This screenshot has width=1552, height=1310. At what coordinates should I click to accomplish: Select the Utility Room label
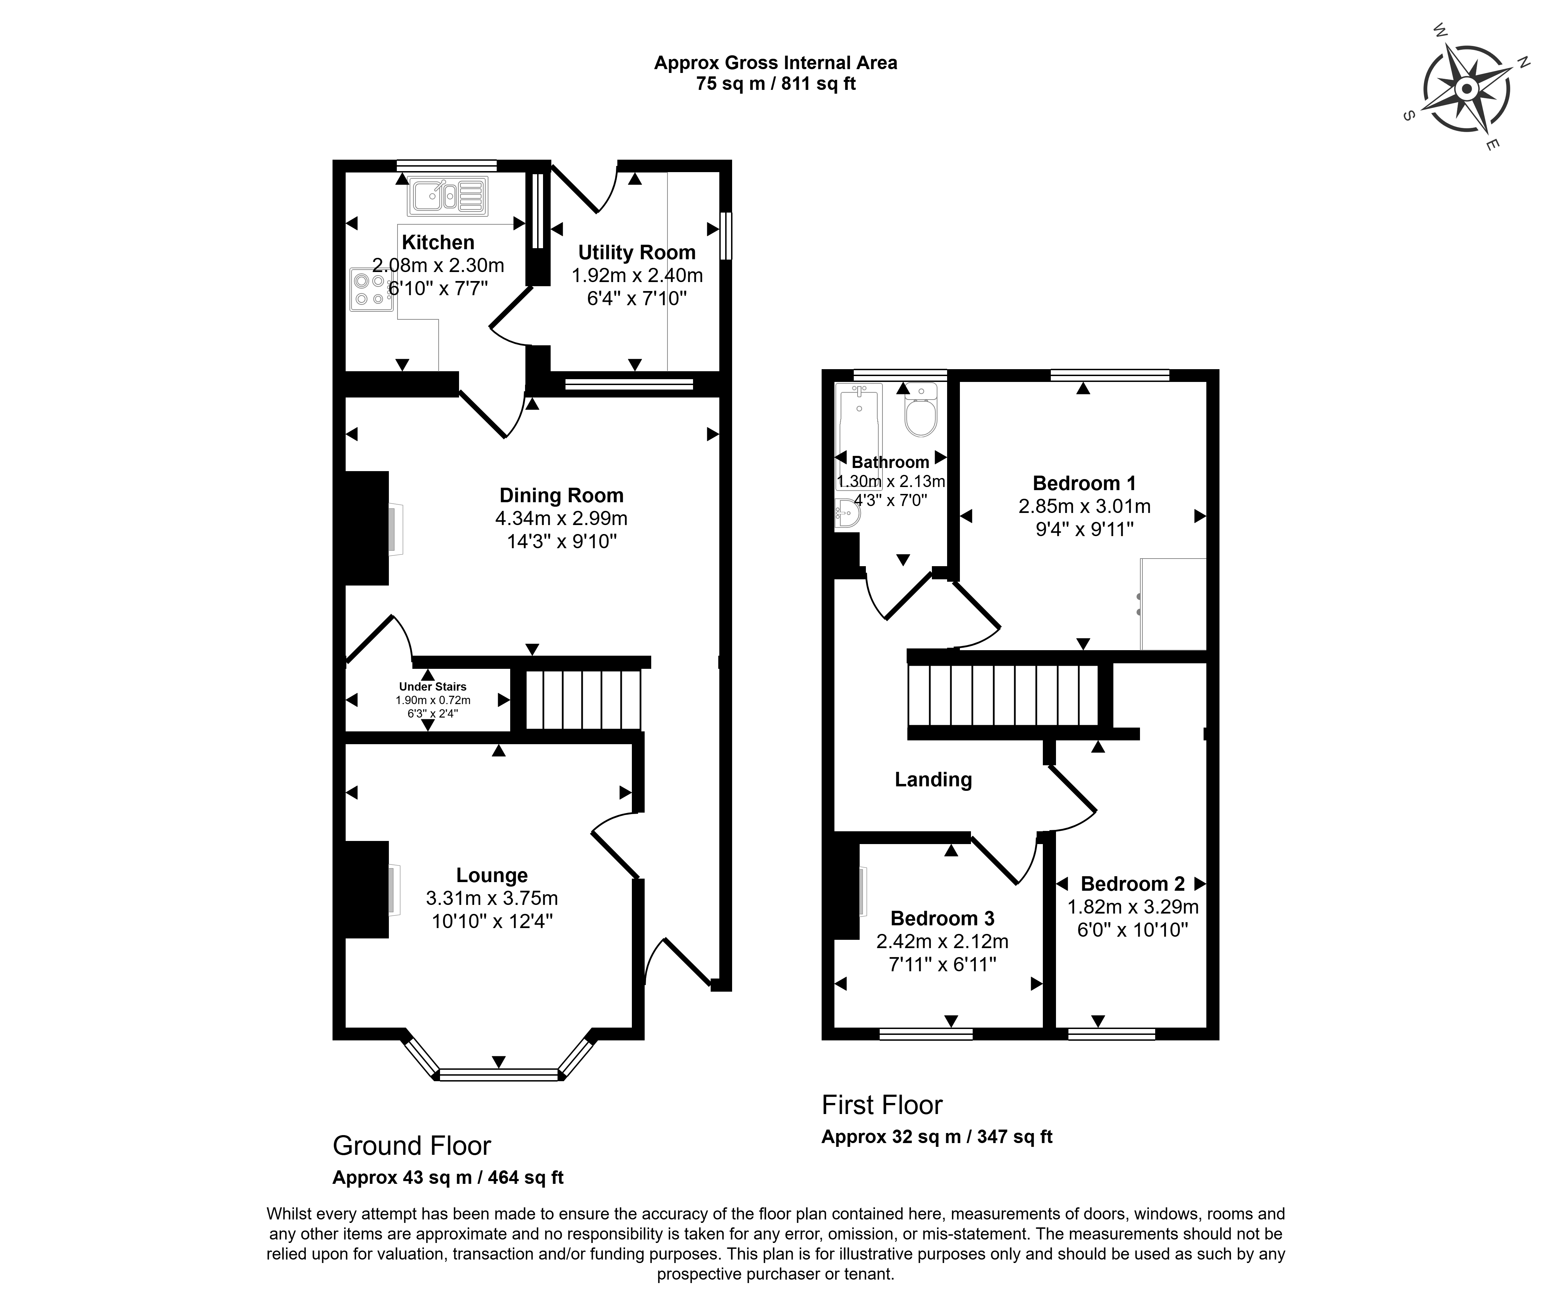(x=636, y=252)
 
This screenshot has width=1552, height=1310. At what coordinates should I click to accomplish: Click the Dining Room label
(x=561, y=495)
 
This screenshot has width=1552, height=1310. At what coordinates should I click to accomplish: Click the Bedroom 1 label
(x=1084, y=484)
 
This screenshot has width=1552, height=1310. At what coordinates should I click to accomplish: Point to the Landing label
(x=933, y=779)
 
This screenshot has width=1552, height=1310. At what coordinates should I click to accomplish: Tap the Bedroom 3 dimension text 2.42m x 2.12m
(x=942, y=942)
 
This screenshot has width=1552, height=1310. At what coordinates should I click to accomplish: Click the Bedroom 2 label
(x=1132, y=884)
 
